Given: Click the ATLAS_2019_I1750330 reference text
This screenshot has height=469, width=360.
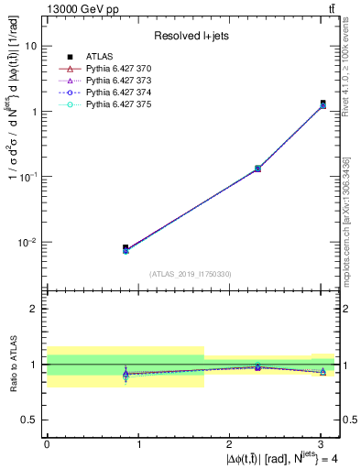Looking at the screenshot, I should click(191, 274).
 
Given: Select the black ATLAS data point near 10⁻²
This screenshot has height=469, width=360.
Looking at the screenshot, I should click(125, 247).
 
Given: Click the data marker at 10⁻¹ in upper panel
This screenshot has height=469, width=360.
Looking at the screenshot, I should click(257, 169).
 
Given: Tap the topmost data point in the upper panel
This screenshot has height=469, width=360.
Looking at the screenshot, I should click(322, 104).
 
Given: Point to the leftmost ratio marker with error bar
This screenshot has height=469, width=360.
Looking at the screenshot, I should click(125, 374).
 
